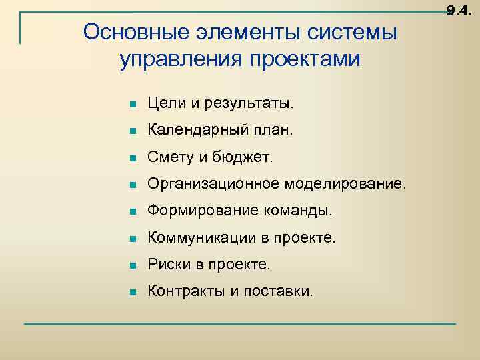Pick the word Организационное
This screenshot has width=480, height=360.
(x=213, y=184)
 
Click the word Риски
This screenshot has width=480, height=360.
(x=167, y=264)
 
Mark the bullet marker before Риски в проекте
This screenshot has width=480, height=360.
(x=133, y=265)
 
